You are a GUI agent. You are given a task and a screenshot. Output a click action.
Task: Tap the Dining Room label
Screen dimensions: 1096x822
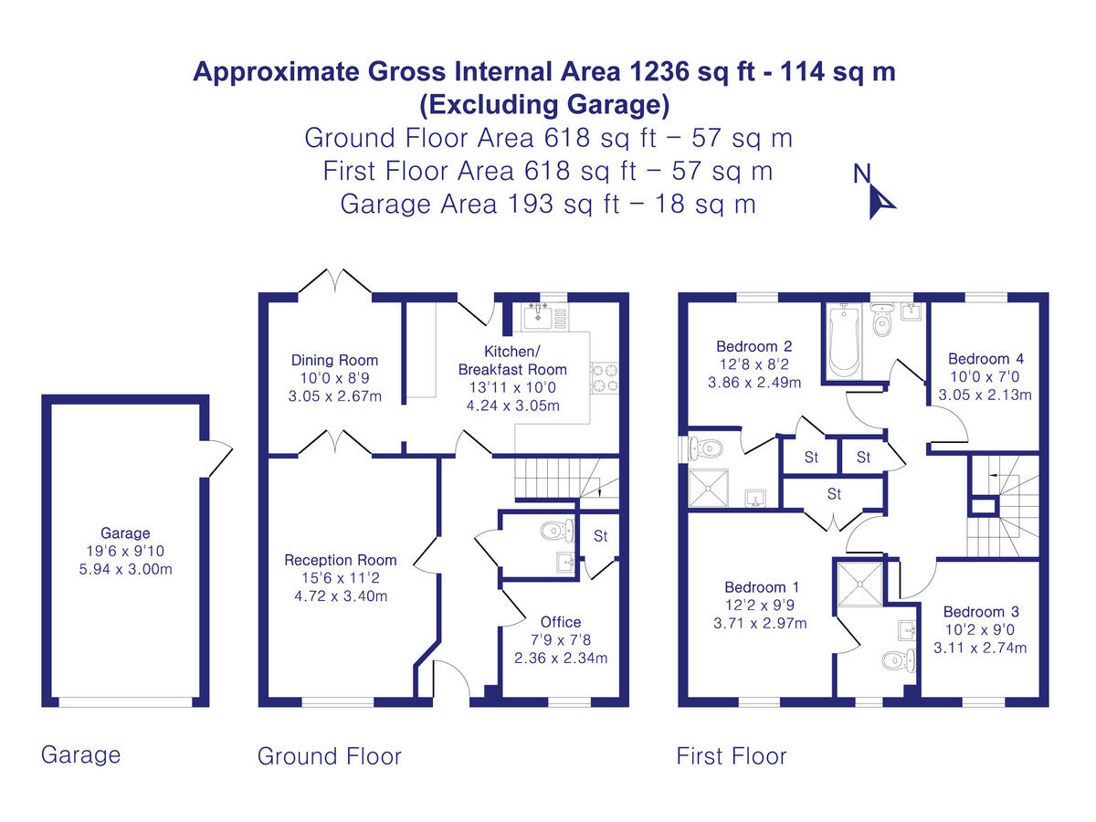point(334,360)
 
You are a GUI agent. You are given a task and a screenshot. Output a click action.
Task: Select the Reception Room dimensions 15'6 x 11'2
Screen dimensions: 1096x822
point(340,578)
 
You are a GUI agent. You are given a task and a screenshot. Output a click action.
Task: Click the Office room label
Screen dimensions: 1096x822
point(560,622)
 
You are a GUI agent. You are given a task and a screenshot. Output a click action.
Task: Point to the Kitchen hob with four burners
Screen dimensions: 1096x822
point(605,378)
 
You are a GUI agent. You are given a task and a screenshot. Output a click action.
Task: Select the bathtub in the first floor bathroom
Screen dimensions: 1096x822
point(844,342)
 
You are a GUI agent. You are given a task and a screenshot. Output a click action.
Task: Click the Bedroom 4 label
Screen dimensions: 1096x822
point(985,358)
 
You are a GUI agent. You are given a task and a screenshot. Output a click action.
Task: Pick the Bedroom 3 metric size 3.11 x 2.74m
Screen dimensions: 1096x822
point(980,648)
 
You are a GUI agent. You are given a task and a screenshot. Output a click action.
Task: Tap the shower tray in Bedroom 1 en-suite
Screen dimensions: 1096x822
point(859,584)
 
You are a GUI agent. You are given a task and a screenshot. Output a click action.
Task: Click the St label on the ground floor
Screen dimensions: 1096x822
point(600,536)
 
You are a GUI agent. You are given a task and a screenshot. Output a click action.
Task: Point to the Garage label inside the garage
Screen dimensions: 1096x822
point(125,533)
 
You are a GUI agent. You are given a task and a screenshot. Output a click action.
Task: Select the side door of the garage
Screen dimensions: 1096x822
point(220,458)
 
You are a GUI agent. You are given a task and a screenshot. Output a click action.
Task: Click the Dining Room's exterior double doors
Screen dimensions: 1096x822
point(334,281)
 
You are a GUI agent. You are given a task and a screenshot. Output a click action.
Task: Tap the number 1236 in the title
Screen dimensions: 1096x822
point(659,71)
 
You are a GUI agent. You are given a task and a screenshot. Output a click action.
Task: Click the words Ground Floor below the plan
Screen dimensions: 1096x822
point(329,756)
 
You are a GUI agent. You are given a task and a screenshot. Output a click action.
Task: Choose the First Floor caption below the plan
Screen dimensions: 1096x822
point(731,756)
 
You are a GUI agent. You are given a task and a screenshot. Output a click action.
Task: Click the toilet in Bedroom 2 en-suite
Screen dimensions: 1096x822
point(705,448)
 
